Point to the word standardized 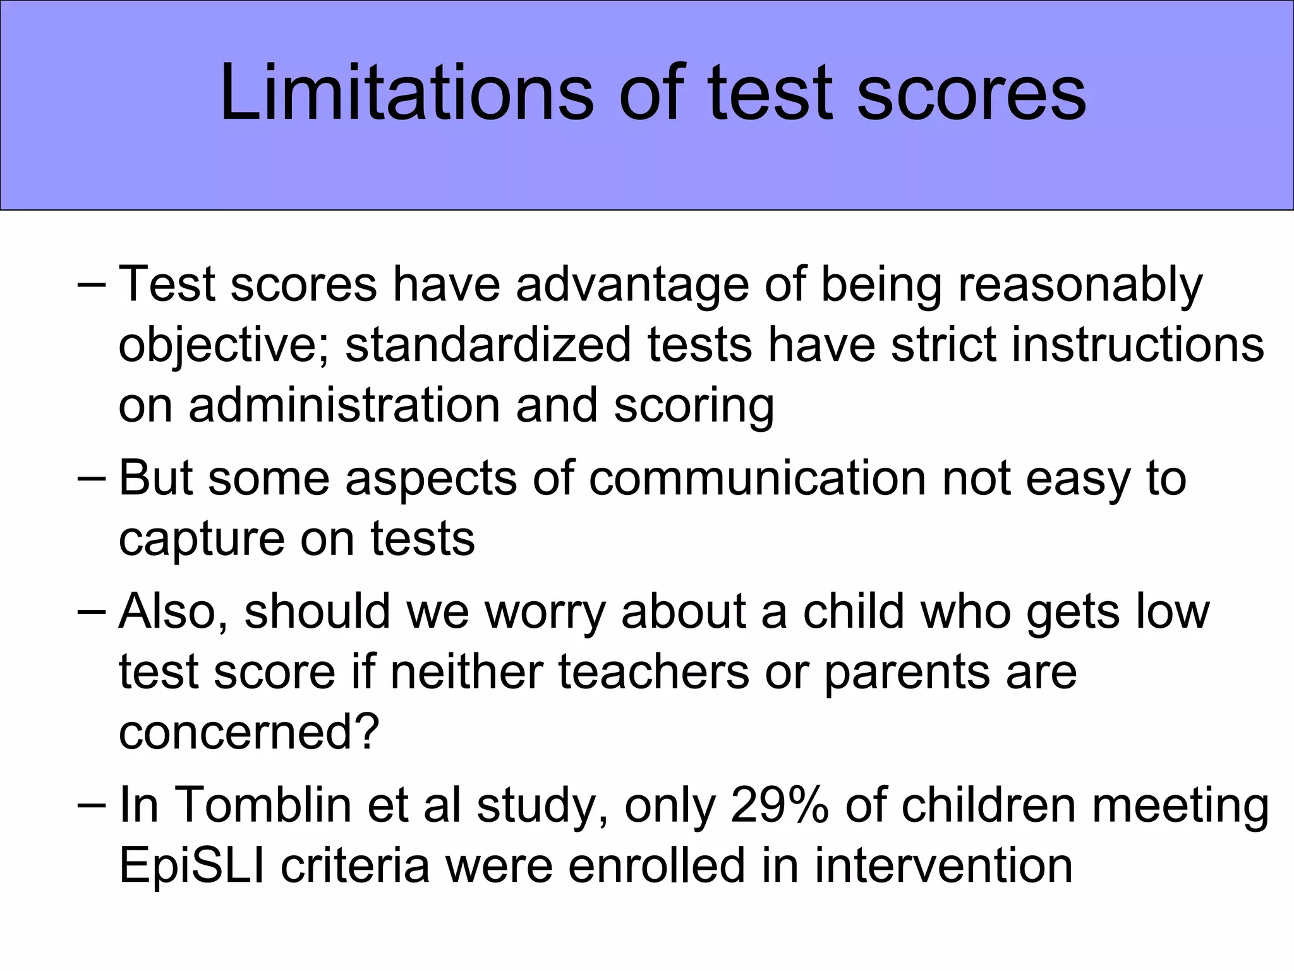point(488,345)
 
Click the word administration point(344,405)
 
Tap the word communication point(758,479)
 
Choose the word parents point(907,673)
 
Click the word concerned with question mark point(249,733)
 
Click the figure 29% point(779,806)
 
